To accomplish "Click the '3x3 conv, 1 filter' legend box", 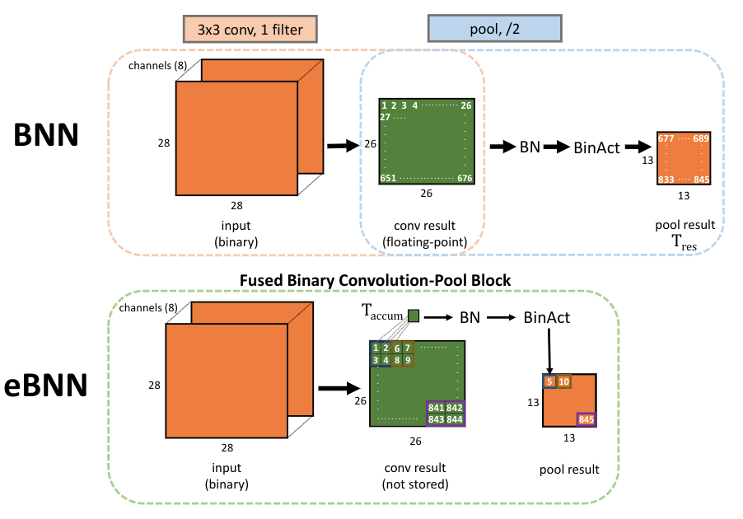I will click(250, 30).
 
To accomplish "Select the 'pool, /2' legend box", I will click(494, 30).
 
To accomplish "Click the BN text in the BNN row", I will click(530, 147).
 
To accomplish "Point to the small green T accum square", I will click(414, 316).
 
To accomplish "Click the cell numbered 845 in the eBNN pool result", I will click(586, 420).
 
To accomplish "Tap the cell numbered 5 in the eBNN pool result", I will click(549, 381).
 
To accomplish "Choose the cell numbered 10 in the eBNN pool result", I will click(564, 381).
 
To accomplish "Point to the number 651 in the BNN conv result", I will click(389, 178).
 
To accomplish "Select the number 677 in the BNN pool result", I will click(666, 139).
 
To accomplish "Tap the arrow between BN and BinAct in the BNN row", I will click(556, 147).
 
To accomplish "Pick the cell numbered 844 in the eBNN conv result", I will click(455, 419).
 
